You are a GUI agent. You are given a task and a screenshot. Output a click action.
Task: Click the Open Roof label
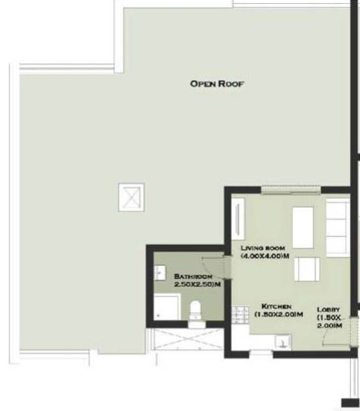217,84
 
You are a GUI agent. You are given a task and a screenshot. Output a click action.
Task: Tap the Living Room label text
263,248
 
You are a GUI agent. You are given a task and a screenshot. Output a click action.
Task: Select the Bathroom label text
193,277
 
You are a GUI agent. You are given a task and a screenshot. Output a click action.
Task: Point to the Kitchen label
277,306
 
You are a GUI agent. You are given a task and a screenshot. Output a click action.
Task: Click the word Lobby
328,309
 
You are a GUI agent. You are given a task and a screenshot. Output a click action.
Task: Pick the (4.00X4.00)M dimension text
265,256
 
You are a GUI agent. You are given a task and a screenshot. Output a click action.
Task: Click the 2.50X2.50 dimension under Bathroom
197,284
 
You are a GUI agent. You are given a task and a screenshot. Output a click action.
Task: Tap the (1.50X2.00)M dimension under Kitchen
279,314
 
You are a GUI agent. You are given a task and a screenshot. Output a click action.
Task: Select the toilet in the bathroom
195,311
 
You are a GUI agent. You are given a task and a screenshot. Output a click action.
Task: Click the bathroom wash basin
160,273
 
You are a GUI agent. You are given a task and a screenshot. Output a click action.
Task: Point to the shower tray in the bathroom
167,307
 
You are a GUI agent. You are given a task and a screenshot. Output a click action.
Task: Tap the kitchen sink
283,342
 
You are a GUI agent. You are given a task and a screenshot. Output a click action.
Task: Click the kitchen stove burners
240,315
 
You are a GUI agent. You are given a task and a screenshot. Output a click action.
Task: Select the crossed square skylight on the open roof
131,197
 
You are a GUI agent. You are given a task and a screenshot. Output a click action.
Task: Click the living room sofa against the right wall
338,227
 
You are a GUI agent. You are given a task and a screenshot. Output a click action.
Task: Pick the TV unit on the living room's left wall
238,219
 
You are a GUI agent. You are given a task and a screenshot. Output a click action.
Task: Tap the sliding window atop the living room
291,190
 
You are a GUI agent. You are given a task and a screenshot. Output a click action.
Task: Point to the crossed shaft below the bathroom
187,339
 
